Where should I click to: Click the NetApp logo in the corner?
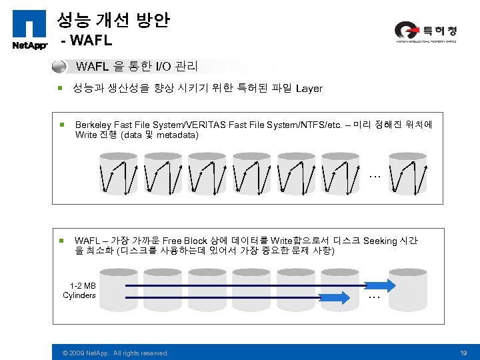point(29,29)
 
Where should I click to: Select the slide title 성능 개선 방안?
point(113,20)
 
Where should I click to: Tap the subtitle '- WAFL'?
point(87,41)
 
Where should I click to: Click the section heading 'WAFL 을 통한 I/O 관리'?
point(137,67)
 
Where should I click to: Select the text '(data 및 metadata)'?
point(159,135)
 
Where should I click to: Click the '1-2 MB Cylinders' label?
point(79,291)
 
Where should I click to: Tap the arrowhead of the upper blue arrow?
point(389,285)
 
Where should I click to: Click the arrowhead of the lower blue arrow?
point(345,296)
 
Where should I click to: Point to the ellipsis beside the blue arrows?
point(375,297)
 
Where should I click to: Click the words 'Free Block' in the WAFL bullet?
point(185,241)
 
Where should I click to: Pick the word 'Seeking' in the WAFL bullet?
point(380,241)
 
